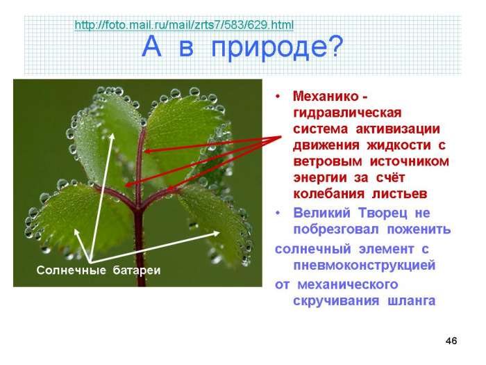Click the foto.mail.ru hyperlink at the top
click(184, 25)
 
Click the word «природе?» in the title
click(278, 47)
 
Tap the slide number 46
click(451, 341)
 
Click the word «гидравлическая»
click(347, 113)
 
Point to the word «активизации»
click(398, 129)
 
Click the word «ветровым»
click(328, 161)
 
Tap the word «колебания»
click(329, 194)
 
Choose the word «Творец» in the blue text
click(383, 213)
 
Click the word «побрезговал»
click(336, 229)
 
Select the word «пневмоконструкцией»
click(364, 266)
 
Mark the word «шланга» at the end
click(412, 301)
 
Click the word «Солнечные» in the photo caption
click(71, 270)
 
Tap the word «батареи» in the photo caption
click(137, 270)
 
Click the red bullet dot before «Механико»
click(278, 97)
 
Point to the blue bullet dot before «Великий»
click(278, 213)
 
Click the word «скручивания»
click(336, 301)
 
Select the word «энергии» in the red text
click(320, 178)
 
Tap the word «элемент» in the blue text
click(386, 249)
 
